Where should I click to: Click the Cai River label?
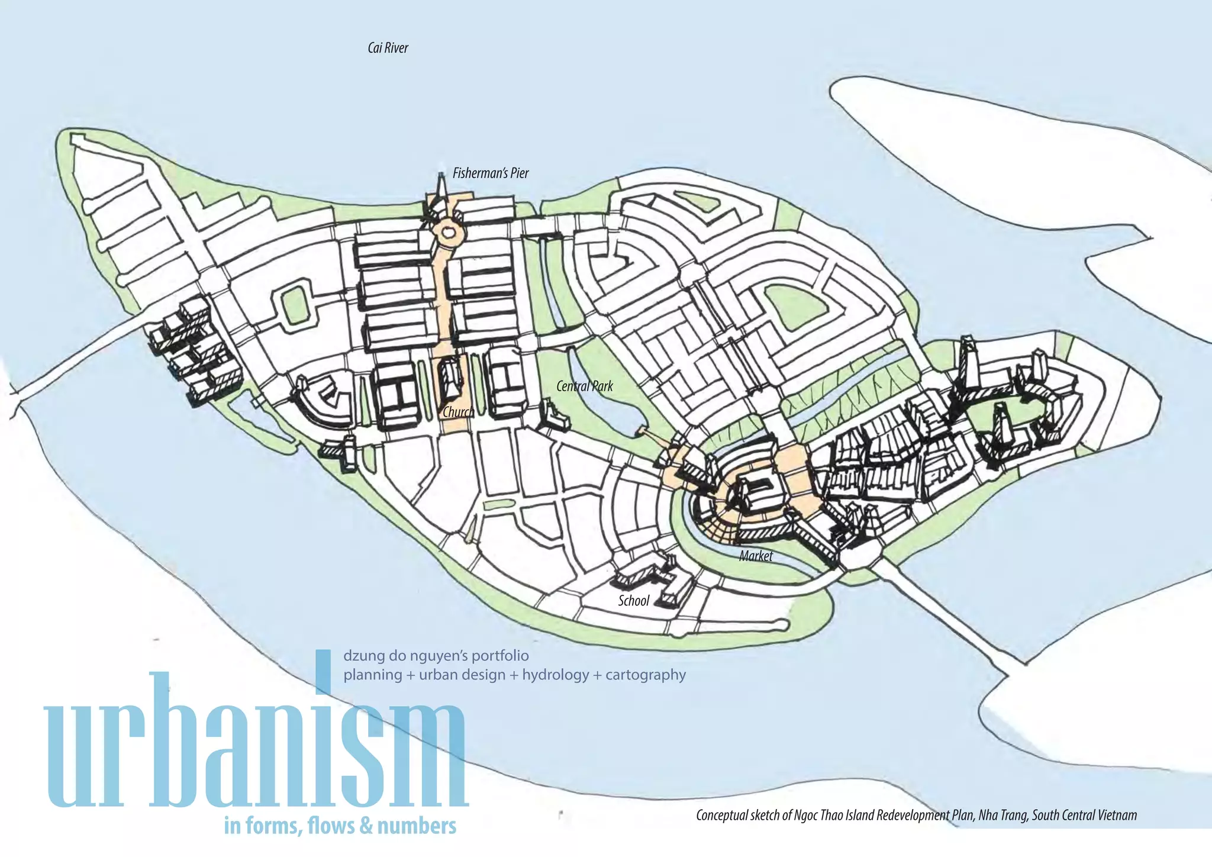[x=388, y=48]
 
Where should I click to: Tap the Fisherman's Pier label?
[x=491, y=173]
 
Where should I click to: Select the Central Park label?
[x=585, y=386]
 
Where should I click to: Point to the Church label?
[x=458, y=412]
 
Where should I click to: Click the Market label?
[x=756, y=556]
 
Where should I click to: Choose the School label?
[x=634, y=601]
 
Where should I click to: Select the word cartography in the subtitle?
[x=646, y=675]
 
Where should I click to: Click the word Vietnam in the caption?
[x=1117, y=815]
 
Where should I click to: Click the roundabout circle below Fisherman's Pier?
[x=449, y=233]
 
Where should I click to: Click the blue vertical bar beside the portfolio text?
[x=323, y=672]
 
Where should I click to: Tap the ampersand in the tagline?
[x=366, y=826]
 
